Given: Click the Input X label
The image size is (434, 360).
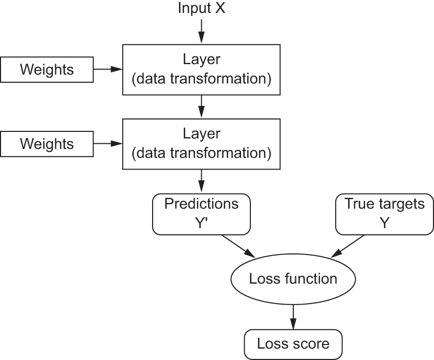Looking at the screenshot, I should tap(201, 8).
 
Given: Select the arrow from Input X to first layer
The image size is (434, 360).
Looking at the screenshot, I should tap(201, 32).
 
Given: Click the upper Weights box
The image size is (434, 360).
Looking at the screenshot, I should tap(47, 70).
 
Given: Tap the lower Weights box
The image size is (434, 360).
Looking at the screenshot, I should tap(47, 144).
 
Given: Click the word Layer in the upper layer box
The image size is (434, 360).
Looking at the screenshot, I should tap(201, 59).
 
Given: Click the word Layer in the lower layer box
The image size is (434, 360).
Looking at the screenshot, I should tap(201, 134).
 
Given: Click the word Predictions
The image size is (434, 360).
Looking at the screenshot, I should tap(201, 204).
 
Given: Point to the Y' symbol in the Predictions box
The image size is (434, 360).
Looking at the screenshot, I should tap(201, 223).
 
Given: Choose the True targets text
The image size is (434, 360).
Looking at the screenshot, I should tap(384, 204).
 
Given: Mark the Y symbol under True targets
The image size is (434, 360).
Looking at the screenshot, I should tap(384, 223).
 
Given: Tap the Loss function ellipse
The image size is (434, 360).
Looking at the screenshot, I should tap(293, 279).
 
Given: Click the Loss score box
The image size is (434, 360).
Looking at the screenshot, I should tap(293, 344).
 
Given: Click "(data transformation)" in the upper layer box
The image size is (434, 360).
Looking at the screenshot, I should tap(201, 80).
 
